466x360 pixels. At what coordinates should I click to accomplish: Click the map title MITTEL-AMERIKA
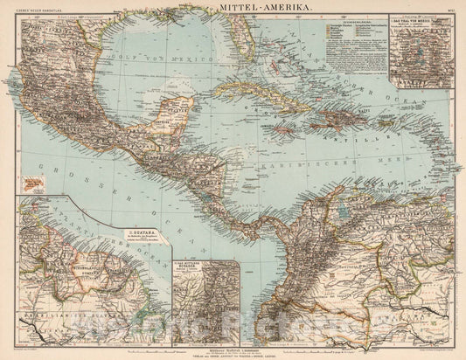point(233,7)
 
